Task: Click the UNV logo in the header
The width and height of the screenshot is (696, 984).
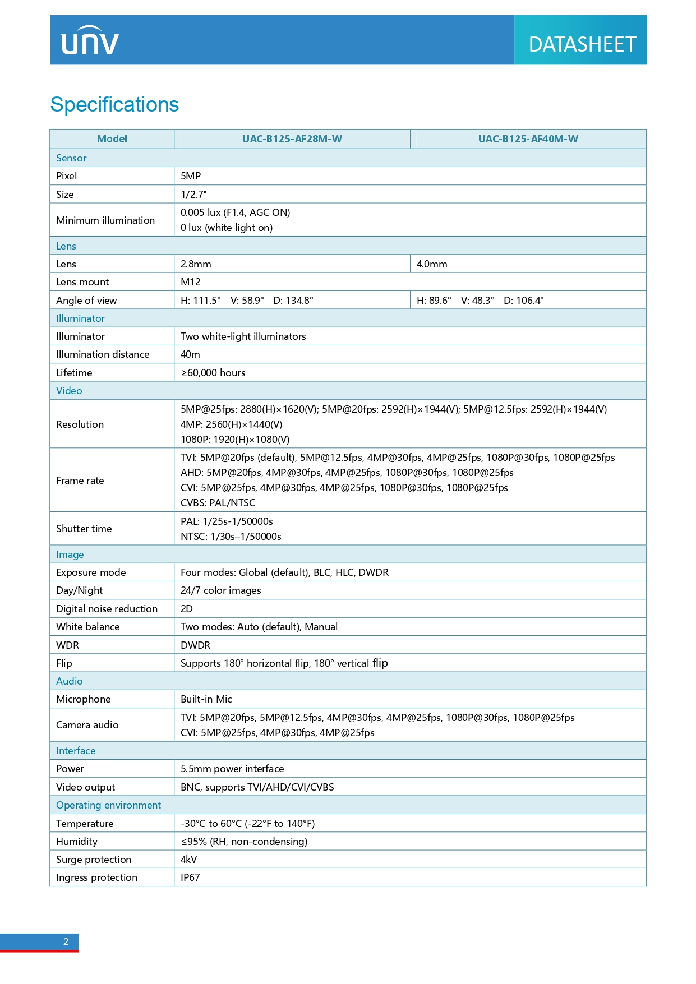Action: [x=90, y=41]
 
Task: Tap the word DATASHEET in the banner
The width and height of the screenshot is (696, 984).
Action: [x=582, y=44]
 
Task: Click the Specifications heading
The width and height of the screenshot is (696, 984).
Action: [x=114, y=105]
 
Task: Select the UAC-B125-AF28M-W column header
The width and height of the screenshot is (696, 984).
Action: [x=292, y=139]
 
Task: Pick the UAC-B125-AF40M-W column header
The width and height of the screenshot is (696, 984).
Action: [x=528, y=139]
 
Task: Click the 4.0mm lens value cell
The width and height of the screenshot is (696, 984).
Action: [x=432, y=264]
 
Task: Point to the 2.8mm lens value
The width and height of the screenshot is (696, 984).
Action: [x=196, y=264]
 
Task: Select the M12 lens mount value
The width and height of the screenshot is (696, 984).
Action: [x=191, y=282]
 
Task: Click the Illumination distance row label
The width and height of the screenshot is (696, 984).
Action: [x=103, y=354]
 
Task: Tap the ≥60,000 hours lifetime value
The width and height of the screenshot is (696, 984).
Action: [x=213, y=373]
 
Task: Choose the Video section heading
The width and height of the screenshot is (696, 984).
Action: [x=69, y=391]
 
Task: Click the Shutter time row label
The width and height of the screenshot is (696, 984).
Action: [x=84, y=529]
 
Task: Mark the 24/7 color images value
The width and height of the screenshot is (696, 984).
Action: [x=220, y=590]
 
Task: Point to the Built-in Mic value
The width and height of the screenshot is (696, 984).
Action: [x=206, y=699]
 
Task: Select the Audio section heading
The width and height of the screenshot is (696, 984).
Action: [x=70, y=681]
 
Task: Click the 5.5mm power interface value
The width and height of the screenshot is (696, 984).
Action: [x=232, y=769]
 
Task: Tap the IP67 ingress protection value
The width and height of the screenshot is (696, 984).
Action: [x=190, y=877]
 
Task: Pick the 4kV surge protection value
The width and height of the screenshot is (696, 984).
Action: [x=189, y=860]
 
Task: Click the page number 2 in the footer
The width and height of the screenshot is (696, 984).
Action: [x=66, y=941]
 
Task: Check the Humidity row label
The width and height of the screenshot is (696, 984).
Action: [x=77, y=842]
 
